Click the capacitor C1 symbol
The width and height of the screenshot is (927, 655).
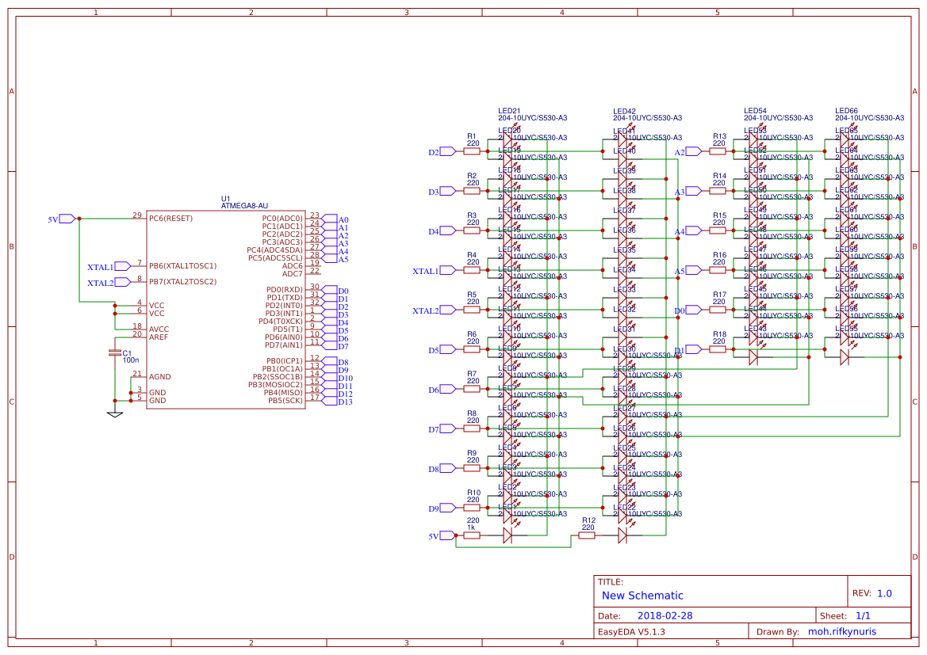coord(115,352)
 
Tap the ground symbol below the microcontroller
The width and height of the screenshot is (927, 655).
coord(115,413)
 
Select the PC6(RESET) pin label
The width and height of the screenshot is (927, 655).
coord(170,218)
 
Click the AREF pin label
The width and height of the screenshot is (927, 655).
coord(158,337)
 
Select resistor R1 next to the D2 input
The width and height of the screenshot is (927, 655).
coord(473,151)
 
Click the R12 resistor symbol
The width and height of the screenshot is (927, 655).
coord(587,535)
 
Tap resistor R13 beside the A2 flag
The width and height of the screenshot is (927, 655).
coord(718,151)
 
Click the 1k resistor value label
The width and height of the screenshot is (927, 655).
coord(471,527)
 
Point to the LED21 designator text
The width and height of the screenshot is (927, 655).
coord(509,111)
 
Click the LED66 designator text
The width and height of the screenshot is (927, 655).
coord(846,111)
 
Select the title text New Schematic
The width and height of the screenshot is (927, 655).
coord(642,596)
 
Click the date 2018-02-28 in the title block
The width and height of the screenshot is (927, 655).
coord(665,615)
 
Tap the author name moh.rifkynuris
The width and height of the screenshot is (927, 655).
coord(848,631)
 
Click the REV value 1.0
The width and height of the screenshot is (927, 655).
coord(884,593)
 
